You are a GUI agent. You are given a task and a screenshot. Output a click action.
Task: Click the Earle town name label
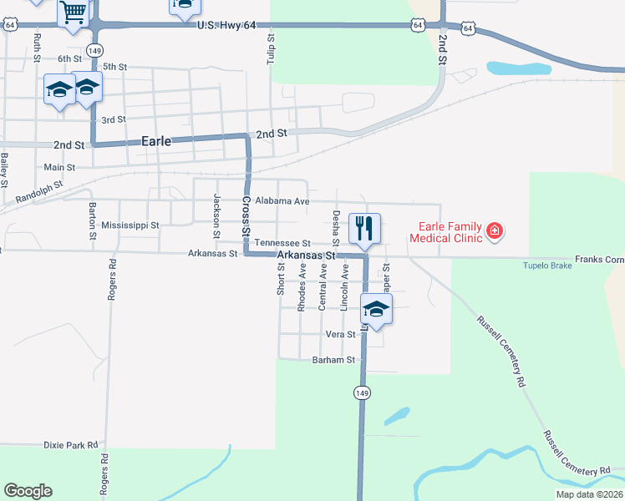(x=156, y=141)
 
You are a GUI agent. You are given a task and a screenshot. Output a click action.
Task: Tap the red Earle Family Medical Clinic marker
(x=494, y=230)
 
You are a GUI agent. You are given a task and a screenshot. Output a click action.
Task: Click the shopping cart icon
(x=74, y=12)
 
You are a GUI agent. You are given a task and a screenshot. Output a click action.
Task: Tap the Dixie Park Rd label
(x=71, y=446)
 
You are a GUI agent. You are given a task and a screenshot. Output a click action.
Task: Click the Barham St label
(x=334, y=360)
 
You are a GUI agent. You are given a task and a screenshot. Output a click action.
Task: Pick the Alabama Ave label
(x=282, y=201)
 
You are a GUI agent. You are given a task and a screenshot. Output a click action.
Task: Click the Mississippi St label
(x=130, y=225)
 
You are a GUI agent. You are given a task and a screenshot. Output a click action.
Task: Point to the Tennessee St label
(x=282, y=242)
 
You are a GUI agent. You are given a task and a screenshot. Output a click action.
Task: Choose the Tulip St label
(x=271, y=48)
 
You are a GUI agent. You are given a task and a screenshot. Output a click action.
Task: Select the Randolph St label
(x=39, y=195)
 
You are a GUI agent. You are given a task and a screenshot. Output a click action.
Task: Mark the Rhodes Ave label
(x=302, y=288)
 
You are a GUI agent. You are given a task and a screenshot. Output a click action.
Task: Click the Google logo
(x=28, y=491)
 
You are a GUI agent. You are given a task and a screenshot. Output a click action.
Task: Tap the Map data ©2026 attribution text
(x=588, y=494)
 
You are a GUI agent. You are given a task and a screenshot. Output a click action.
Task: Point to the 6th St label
(x=69, y=58)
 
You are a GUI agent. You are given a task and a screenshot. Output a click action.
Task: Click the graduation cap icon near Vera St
(x=377, y=309)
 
